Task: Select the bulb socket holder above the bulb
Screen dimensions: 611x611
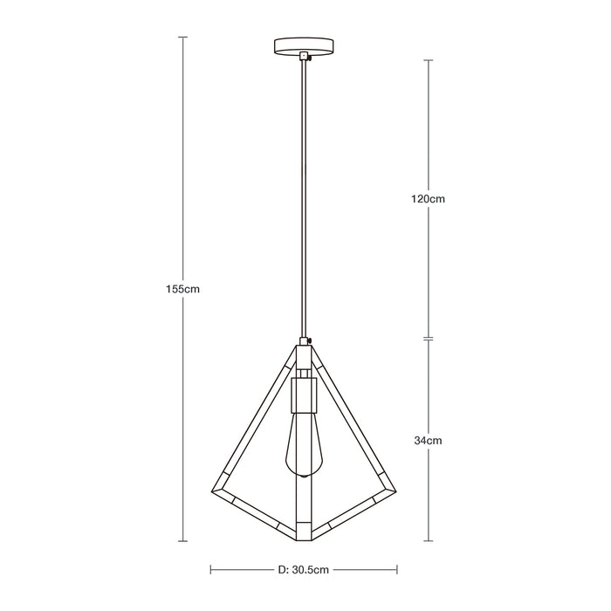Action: point(303,393)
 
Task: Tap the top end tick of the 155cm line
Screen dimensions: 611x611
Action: point(183,38)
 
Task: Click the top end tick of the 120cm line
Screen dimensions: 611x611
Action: point(428,59)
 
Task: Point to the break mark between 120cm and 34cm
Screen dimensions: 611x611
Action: point(428,338)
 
